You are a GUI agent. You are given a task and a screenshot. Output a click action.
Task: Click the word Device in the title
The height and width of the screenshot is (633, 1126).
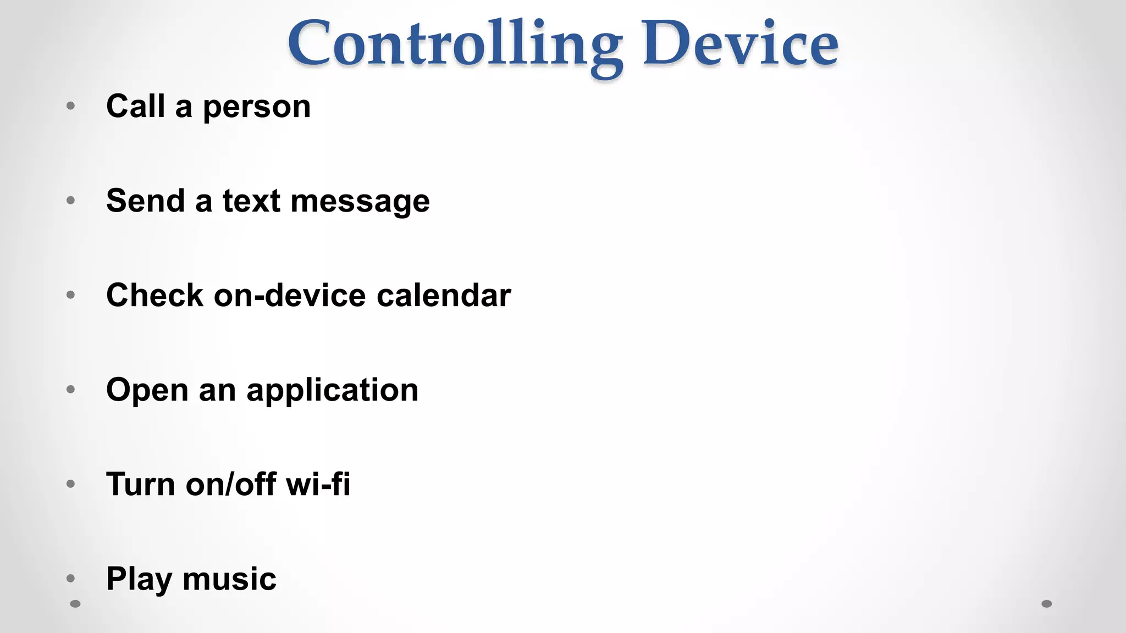[740, 44]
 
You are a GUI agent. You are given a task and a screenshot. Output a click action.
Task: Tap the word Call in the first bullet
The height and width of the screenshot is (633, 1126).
[135, 106]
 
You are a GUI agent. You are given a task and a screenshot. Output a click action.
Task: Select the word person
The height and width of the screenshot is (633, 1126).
[257, 108]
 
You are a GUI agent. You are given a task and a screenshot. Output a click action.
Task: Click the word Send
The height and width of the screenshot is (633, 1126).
[145, 201]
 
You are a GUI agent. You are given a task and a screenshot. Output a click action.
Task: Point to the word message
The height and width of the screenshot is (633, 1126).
[360, 202]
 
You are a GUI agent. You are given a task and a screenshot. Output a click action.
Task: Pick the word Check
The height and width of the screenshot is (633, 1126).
[154, 295]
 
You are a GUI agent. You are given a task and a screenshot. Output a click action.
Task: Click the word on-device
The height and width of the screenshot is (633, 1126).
[290, 295]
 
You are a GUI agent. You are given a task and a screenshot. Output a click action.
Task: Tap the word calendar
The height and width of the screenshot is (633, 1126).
[444, 295]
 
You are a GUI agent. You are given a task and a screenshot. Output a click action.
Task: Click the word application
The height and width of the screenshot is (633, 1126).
[332, 391]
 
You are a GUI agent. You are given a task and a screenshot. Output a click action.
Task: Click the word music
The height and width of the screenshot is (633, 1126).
[229, 579]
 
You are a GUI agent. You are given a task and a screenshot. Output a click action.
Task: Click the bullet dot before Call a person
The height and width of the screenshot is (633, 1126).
[70, 105]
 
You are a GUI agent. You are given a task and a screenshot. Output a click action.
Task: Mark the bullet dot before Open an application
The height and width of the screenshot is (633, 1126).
[70, 390]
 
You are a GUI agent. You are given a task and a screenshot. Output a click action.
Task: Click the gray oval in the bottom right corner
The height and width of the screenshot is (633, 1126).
[1047, 604]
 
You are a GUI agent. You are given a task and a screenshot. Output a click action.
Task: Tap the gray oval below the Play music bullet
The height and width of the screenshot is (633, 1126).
[76, 604]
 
